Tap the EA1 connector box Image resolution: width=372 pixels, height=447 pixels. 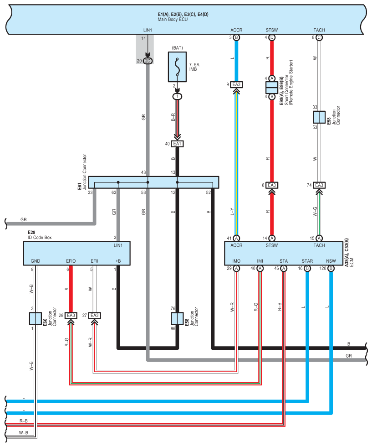click(177, 144)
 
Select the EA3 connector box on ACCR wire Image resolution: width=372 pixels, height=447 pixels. click(236, 84)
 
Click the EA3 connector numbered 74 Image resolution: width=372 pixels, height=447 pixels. click(319, 185)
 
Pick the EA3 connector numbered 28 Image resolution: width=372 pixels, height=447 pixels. click(71, 315)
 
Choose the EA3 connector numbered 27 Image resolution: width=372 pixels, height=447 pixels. click(94, 315)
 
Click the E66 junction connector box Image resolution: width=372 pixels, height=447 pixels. click(36, 318)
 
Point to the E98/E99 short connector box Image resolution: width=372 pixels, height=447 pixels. click(272, 87)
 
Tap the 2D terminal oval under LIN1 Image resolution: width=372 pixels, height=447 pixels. click(148, 61)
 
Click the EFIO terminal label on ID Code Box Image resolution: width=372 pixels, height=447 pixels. click(71, 261)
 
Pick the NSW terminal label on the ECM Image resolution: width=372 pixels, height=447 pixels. click(331, 261)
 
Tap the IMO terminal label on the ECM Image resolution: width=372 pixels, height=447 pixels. click(236, 261)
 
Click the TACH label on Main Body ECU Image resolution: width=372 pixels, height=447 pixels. click(319, 30)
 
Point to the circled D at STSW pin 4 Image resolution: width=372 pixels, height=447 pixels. click(272, 37)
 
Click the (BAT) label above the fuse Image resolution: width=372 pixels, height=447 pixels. click(177, 47)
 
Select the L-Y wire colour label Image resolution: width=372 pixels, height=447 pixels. click(232, 211)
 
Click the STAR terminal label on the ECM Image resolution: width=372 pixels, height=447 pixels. click(307, 261)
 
